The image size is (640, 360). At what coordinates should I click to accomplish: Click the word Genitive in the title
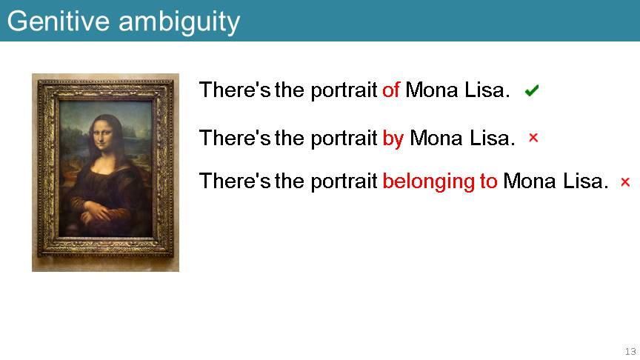[x=59, y=21]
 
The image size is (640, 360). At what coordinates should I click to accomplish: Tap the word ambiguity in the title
[x=179, y=23]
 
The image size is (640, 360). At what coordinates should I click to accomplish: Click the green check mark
[x=532, y=90]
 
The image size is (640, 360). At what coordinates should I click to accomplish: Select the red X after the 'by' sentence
[x=533, y=138]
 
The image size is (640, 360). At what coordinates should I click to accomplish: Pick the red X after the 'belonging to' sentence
[x=625, y=181]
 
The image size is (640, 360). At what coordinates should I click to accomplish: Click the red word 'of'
[x=391, y=90]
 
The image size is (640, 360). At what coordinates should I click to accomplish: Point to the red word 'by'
[x=393, y=139]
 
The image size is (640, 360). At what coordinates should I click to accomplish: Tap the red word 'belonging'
[x=429, y=182]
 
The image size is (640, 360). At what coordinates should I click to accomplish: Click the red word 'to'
[x=489, y=181]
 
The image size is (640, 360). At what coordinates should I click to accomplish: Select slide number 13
[x=630, y=351]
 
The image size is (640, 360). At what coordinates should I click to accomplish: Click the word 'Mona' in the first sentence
[x=432, y=90]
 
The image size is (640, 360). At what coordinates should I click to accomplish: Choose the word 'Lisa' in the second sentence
[x=490, y=138]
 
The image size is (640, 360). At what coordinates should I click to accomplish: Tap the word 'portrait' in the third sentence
[x=344, y=181]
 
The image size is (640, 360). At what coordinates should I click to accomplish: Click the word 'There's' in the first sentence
[x=235, y=90]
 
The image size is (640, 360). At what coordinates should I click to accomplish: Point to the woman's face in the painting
[x=101, y=133]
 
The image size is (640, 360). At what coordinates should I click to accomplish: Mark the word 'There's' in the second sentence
[x=235, y=138]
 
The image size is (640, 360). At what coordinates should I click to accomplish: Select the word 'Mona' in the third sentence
[x=530, y=181]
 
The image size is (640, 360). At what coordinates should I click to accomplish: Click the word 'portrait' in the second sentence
[x=344, y=139]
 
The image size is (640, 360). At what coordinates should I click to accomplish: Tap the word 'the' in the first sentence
[x=290, y=90]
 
